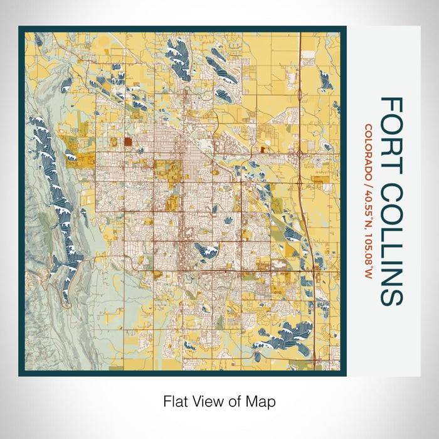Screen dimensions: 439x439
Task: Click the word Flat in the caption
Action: [175, 401]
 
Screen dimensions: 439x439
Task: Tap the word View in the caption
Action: [209, 401]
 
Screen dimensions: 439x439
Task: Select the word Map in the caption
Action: [263, 401]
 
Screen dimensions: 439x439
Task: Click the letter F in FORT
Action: [391, 105]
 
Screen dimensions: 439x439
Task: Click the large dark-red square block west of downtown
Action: [128, 142]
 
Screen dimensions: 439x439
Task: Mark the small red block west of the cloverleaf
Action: [262, 149]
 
